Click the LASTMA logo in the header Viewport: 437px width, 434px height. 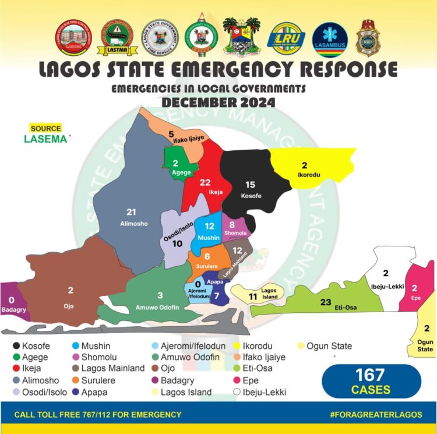114,38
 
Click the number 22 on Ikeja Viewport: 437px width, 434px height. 205,182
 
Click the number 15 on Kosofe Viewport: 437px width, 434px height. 251,185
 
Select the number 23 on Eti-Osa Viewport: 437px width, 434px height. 326,302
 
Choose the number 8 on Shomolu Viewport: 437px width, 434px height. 232,224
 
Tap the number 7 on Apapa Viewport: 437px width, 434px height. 217,296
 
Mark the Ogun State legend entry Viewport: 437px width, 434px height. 329,346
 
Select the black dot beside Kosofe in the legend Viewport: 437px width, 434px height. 16,346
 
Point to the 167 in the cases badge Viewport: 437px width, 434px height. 371,376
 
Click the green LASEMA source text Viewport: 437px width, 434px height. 45,139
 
